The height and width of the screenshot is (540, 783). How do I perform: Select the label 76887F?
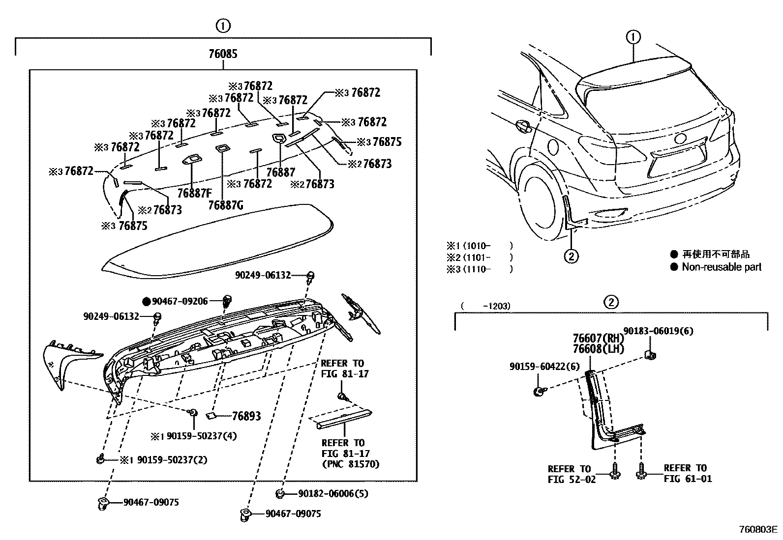tap(194, 193)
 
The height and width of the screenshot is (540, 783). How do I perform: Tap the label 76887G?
tap(226, 205)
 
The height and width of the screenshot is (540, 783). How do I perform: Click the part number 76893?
tap(246, 416)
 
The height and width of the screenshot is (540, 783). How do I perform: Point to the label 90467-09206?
tap(180, 301)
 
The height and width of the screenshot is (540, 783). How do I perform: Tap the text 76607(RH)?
tap(598, 339)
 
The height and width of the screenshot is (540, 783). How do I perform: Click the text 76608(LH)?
tap(598, 349)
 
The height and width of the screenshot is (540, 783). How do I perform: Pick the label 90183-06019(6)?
tap(659, 331)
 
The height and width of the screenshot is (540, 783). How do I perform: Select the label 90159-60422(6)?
tap(544, 366)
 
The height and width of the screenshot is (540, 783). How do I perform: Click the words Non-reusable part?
tap(722, 267)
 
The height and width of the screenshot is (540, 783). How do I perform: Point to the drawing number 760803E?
tap(758, 530)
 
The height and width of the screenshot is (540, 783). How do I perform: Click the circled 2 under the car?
tap(571, 256)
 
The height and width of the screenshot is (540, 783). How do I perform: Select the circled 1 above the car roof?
tap(633, 37)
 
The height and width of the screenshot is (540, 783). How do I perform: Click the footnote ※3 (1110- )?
tap(480, 269)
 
